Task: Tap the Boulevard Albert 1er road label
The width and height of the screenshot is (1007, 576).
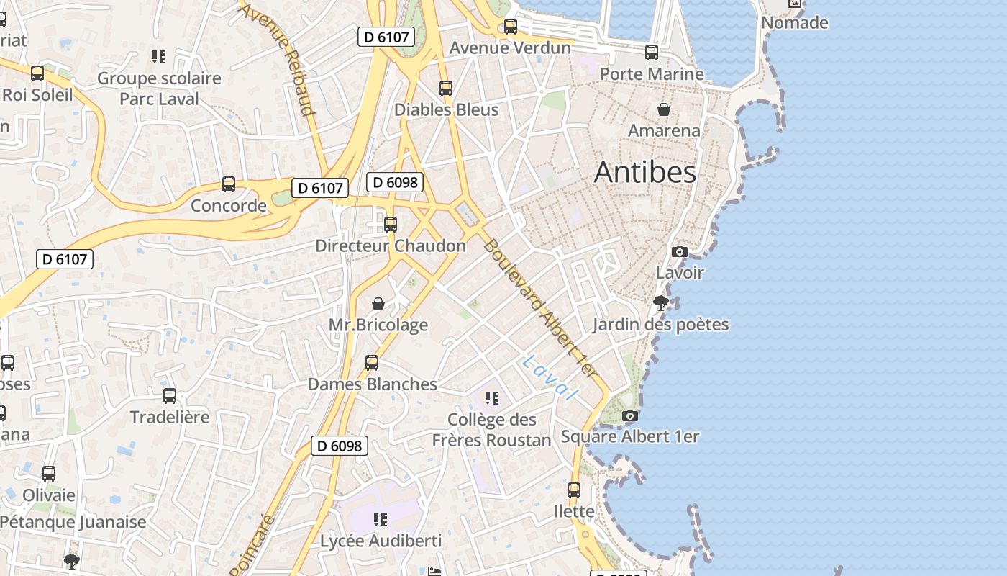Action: (x=540, y=308)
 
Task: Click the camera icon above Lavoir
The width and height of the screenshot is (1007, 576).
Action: (x=679, y=251)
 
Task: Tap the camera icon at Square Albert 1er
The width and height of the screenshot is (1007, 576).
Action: (x=629, y=415)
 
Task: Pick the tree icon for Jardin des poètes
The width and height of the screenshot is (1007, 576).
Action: (x=660, y=303)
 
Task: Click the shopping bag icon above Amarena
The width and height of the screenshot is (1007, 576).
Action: (x=664, y=109)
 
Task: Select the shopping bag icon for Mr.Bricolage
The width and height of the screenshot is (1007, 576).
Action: (x=378, y=304)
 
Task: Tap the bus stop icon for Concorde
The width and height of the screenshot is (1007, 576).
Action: (x=229, y=184)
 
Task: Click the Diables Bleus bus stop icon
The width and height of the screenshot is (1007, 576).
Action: (x=446, y=89)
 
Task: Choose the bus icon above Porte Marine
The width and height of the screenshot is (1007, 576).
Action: (x=652, y=53)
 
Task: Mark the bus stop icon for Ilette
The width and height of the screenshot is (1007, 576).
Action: (x=574, y=490)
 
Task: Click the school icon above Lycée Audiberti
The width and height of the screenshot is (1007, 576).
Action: (x=381, y=519)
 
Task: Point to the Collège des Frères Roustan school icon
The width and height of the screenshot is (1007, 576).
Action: (x=492, y=398)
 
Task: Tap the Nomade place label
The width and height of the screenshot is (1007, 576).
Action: (x=794, y=23)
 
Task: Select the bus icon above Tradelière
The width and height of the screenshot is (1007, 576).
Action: (x=170, y=396)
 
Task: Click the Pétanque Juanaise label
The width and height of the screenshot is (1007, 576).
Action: (x=73, y=522)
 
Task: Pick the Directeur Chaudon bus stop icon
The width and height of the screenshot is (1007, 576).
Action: (x=391, y=225)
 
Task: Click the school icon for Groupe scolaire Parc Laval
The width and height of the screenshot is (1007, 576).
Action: (x=159, y=57)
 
